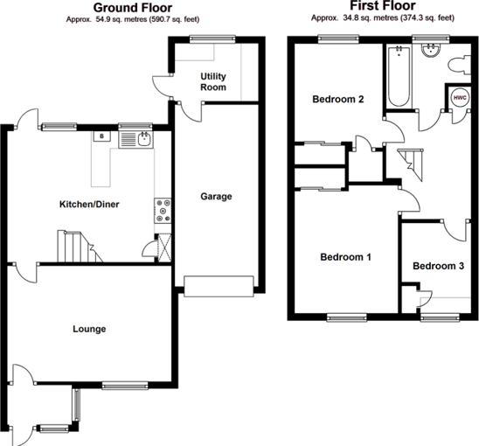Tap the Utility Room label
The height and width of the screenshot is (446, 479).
tap(213, 81)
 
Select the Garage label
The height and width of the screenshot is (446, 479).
tap(216, 197)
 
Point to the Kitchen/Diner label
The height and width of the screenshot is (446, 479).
tap(88, 205)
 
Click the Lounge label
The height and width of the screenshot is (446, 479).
tap(89, 329)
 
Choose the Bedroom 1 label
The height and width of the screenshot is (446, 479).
tap(345, 257)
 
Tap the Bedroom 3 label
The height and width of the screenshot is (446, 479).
tap(438, 266)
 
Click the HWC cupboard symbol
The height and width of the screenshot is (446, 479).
tap(460, 97)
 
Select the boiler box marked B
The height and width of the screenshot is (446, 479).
tap(102, 137)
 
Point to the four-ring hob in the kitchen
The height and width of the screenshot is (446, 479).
tap(163, 209)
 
